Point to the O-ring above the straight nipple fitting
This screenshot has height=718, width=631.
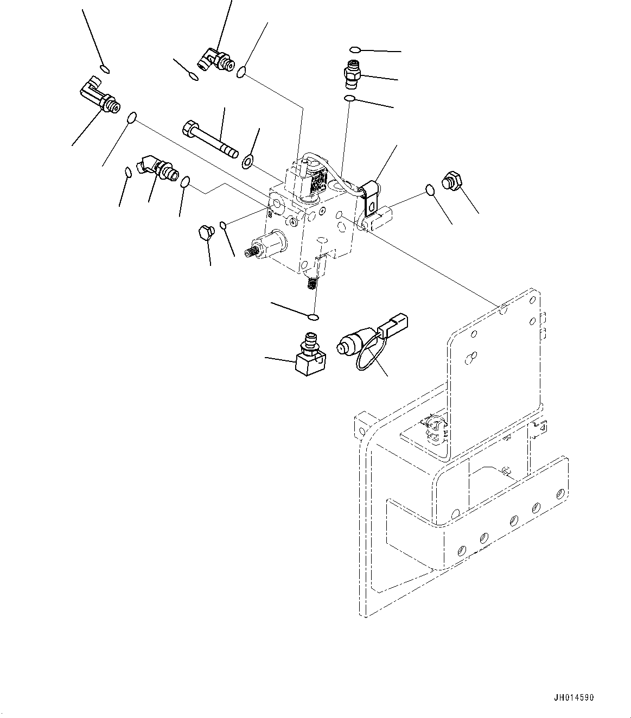[354, 50]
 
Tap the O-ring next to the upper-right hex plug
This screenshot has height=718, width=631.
[429, 189]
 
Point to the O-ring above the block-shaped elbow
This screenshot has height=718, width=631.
[313, 317]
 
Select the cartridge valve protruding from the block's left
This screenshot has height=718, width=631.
[269, 244]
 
